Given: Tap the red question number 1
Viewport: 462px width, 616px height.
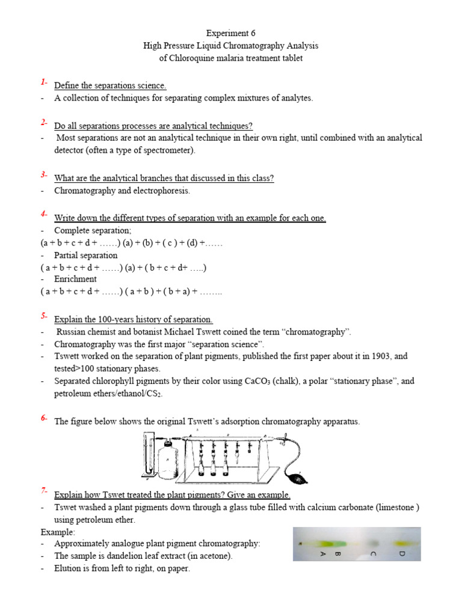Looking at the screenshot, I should point(44,82).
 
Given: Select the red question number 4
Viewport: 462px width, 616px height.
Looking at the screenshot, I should point(44,214).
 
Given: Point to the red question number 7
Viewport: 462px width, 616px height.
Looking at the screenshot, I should point(44,491).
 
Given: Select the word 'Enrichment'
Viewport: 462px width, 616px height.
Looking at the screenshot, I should point(75,279).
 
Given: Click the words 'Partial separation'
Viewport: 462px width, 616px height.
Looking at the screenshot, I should point(86,255).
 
